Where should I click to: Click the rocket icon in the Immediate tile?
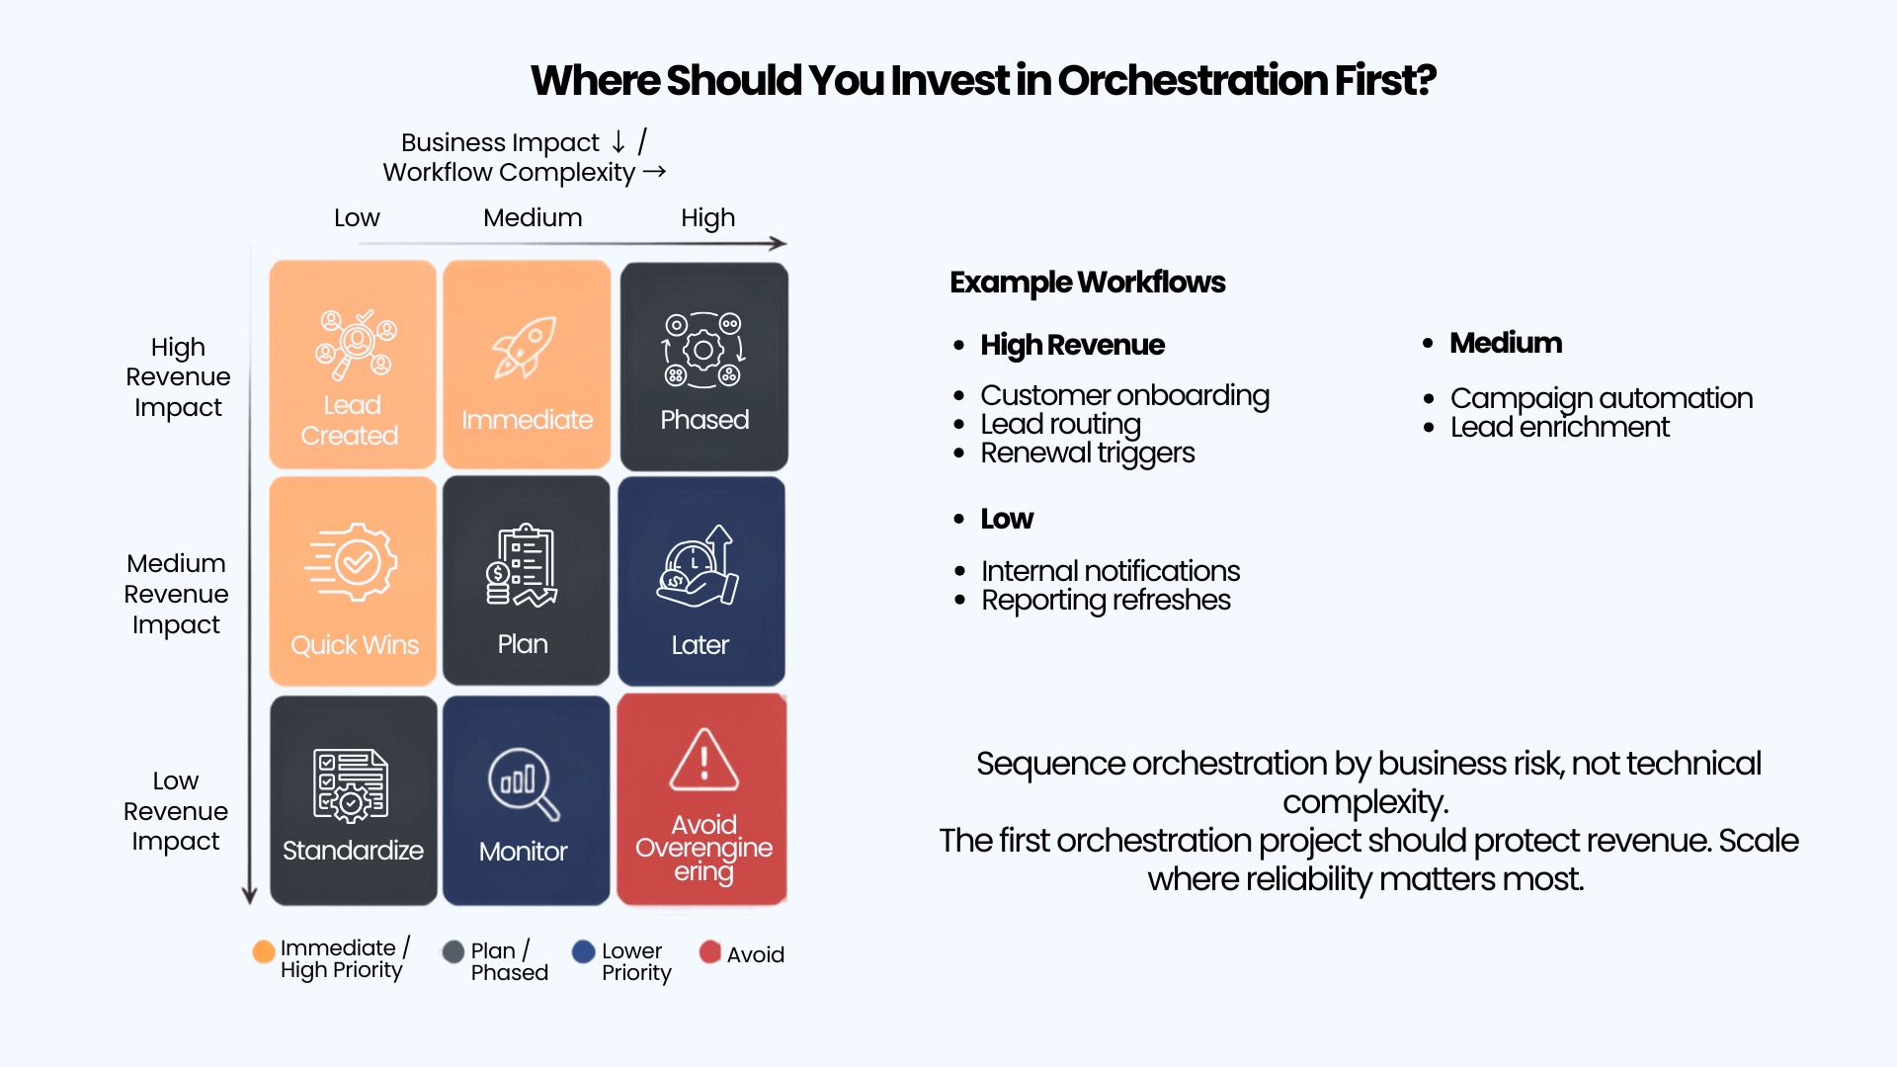click(x=525, y=348)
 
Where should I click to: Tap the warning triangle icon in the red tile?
click(x=703, y=760)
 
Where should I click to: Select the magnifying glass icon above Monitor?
click(x=524, y=784)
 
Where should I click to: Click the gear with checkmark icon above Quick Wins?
click(x=352, y=561)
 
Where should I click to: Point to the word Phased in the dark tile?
click(x=704, y=420)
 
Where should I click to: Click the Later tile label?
click(x=700, y=645)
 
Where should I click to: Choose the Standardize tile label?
click(x=353, y=851)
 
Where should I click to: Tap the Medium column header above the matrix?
click(x=533, y=217)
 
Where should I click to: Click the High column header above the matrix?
click(x=707, y=218)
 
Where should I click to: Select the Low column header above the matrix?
click(x=357, y=217)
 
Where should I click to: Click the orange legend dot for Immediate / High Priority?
click(x=264, y=951)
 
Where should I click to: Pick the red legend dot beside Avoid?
click(x=709, y=951)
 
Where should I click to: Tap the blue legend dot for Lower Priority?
click(x=584, y=951)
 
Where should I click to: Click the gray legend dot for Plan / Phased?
click(x=454, y=951)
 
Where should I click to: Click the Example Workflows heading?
click(x=1087, y=283)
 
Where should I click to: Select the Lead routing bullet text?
click(x=1060, y=425)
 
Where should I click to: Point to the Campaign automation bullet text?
click(x=1602, y=398)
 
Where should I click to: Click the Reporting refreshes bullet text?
click(x=1106, y=601)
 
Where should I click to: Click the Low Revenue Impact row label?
click(x=176, y=811)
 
